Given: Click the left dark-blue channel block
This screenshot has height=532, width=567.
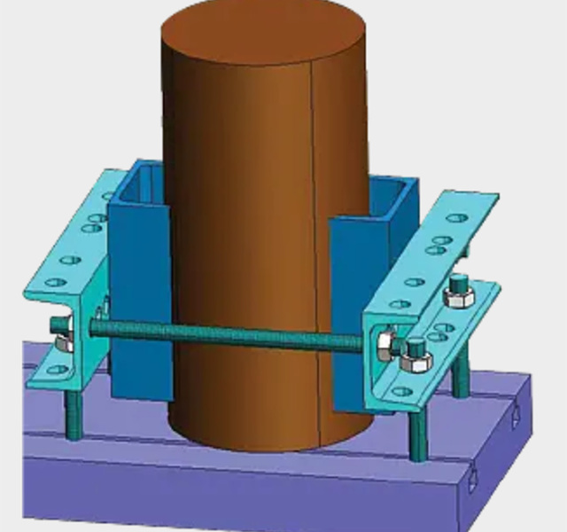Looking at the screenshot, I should coord(137,293).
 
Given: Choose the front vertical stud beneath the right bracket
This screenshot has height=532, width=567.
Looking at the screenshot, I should coord(417,434).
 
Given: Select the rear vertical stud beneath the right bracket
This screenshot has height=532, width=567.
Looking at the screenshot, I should coord(461,372).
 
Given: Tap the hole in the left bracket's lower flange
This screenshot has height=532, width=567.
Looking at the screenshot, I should coord(55,369).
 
